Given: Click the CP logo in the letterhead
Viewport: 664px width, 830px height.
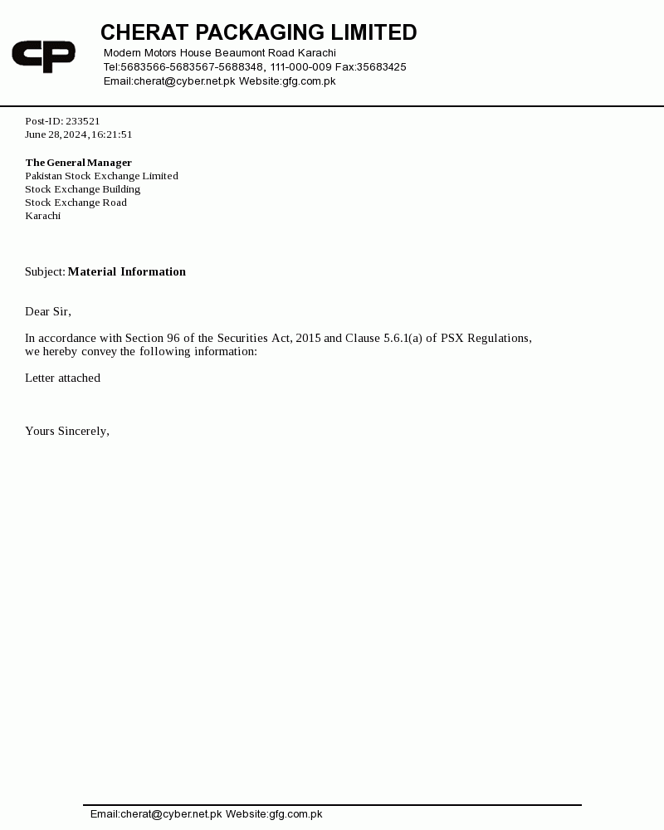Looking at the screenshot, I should pyautogui.click(x=43, y=56).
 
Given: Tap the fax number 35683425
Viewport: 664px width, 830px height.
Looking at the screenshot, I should pyautogui.click(x=382, y=67).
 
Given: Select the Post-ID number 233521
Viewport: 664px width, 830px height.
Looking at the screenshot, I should pyautogui.click(x=83, y=121).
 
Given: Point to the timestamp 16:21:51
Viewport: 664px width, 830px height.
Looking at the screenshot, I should pyautogui.click(x=112, y=134).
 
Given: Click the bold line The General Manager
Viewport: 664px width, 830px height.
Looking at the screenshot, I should pyautogui.click(x=78, y=163).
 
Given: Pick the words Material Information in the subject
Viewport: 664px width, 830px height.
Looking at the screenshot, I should pyautogui.click(x=127, y=271).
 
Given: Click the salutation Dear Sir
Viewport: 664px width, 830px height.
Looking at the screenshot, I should pyautogui.click(x=47, y=311).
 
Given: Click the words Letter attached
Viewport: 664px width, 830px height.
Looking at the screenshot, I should pyautogui.click(x=62, y=378).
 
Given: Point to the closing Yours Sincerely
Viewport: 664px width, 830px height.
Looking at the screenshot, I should pyautogui.click(x=66, y=431).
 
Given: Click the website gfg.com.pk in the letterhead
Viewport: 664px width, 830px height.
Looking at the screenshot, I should pyautogui.click(x=309, y=81).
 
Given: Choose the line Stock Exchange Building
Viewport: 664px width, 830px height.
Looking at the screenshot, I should pyautogui.click(x=82, y=189).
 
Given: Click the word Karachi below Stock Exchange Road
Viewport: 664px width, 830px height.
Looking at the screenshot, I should pyautogui.click(x=42, y=216).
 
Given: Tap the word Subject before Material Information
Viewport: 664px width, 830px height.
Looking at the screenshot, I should pyautogui.click(x=44, y=271).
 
